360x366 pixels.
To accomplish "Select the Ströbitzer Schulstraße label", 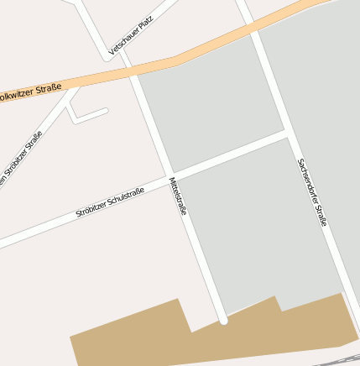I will [110, 202].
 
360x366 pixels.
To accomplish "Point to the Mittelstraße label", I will [178, 196].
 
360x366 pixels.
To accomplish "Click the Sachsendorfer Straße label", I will [311, 193].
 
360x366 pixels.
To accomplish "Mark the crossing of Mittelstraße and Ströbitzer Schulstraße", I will [171, 176].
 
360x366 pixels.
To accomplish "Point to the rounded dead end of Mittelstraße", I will [223, 319].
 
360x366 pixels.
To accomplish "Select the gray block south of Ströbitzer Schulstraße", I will [260, 227].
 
